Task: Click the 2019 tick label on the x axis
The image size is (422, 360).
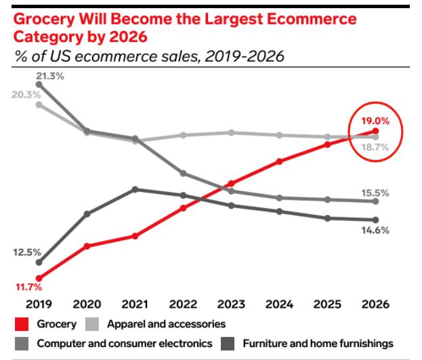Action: (x=39, y=304)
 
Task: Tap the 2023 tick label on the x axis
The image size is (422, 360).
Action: (x=231, y=304)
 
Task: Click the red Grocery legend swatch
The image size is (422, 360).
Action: (x=21, y=325)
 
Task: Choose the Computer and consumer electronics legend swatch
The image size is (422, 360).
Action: (x=21, y=344)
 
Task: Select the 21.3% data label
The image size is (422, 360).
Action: (x=50, y=76)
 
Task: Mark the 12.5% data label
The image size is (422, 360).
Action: (x=28, y=252)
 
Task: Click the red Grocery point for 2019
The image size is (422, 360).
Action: (x=39, y=278)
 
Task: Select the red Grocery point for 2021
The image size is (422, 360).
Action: (x=135, y=236)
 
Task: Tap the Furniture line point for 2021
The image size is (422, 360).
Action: (x=135, y=189)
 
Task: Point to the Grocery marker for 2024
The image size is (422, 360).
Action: (x=279, y=161)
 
